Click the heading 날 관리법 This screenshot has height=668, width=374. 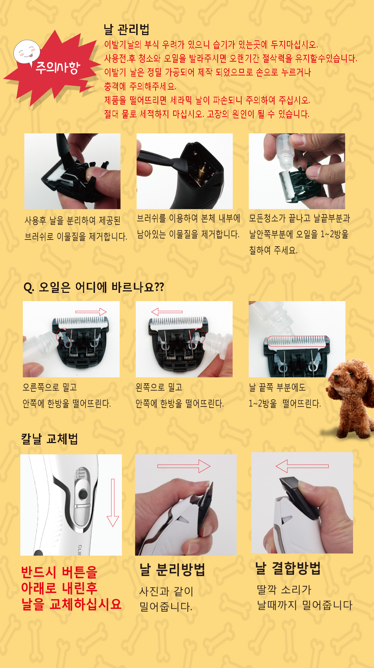pyautogui.click(x=126, y=29)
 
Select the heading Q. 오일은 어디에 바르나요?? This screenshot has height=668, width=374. pyautogui.click(x=93, y=287)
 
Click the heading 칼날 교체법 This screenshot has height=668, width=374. pyautogui.click(x=49, y=439)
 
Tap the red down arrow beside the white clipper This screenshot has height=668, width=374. pyautogui.click(x=113, y=502)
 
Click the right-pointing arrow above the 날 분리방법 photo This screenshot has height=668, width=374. pyautogui.click(x=184, y=466)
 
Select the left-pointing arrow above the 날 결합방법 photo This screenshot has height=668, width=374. pyautogui.click(x=302, y=466)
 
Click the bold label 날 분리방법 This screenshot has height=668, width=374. pyautogui.click(x=172, y=570)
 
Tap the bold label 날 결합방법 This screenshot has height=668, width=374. pyautogui.click(x=288, y=568)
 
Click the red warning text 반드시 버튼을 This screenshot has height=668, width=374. pyautogui.click(x=59, y=572)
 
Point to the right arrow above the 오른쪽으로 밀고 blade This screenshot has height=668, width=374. pyautogui.click(x=91, y=312)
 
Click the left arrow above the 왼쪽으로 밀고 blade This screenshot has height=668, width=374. pyautogui.click(x=167, y=312)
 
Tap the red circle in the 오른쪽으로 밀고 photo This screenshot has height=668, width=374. pyautogui.click(x=64, y=336)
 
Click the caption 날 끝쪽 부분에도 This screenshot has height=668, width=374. pyautogui.click(x=277, y=387)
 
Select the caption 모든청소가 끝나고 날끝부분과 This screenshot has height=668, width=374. pyautogui.click(x=300, y=218)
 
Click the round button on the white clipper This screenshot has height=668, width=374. pyautogui.click(x=83, y=494)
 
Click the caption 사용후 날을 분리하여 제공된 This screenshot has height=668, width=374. pyautogui.click(x=73, y=220)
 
